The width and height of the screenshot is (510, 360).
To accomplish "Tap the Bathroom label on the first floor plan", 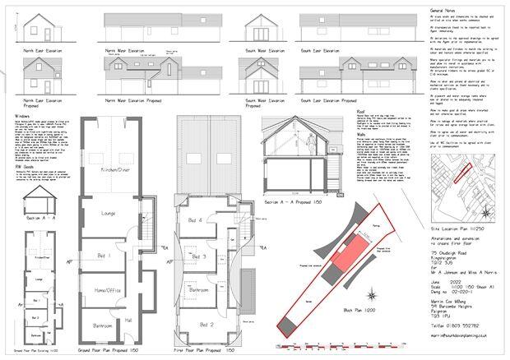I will [x=200, y=290].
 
